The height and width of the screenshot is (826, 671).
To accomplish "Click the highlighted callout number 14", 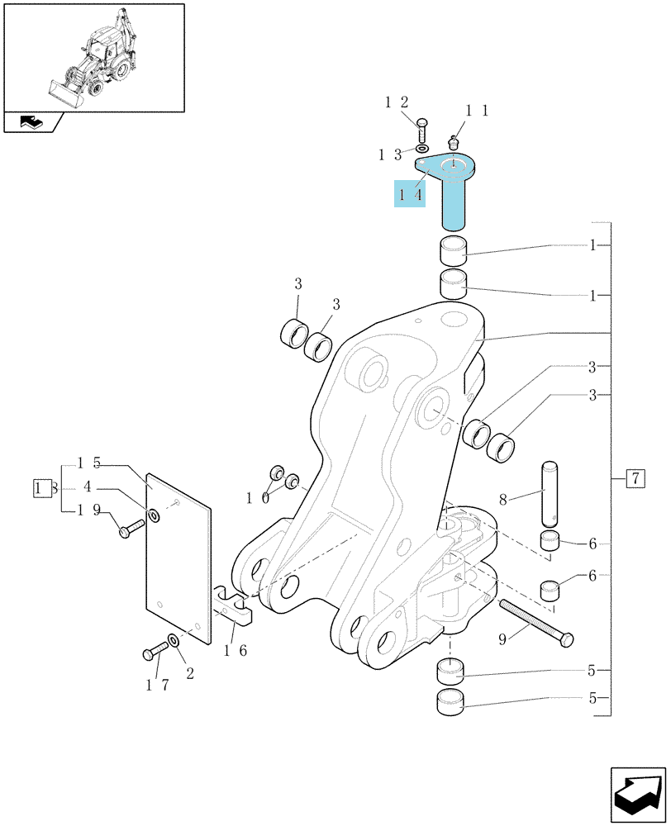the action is (x=410, y=195).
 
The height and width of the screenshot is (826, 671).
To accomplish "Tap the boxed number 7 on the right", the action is (x=635, y=478).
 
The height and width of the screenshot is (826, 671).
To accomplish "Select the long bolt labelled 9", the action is (x=536, y=624).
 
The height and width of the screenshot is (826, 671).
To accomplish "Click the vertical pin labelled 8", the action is (x=550, y=494).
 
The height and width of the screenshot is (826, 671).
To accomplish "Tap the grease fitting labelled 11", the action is (x=452, y=142).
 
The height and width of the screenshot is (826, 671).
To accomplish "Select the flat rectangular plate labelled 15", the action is (x=178, y=558).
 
